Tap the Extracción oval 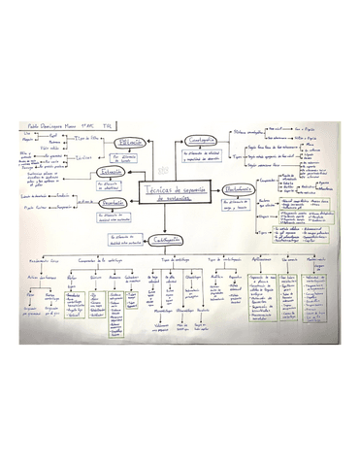point(111,173)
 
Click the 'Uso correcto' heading point(287,260)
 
